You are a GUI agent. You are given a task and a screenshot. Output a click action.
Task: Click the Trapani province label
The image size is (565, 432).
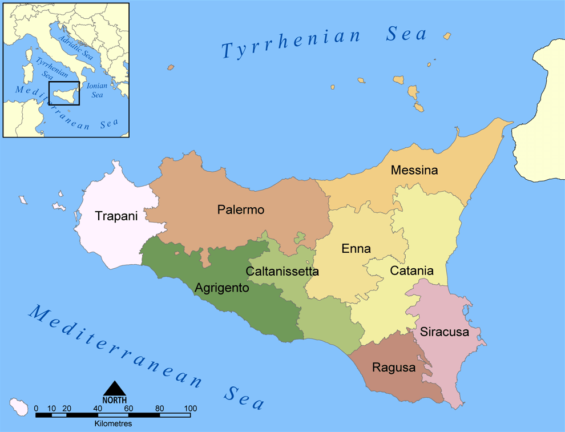click(116, 216)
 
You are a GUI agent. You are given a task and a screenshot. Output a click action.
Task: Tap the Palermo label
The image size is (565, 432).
click(241, 210)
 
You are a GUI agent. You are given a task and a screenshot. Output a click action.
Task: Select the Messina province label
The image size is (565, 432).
click(414, 170)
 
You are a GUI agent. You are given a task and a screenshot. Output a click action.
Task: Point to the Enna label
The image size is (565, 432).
click(356, 249)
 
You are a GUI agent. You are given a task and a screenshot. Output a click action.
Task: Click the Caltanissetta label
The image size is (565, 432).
click(282, 271)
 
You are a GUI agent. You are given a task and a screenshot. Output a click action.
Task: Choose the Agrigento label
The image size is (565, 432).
click(222, 288)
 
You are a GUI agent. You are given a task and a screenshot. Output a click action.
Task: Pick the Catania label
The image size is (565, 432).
click(412, 271)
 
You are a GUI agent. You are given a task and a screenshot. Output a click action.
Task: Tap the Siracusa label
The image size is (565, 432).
click(445, 332)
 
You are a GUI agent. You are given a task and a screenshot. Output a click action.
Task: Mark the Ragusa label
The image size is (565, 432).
click(394, 368)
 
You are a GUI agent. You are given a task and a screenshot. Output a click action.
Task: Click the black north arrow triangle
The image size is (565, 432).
click(115, 389)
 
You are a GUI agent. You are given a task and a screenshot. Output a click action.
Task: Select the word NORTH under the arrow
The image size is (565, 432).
click(115, 401)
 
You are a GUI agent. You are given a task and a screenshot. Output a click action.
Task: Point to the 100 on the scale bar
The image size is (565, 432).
click(190, 409)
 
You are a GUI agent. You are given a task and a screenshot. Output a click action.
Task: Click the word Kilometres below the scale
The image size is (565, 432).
click(113, 424)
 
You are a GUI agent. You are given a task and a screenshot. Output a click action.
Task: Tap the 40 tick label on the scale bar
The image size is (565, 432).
click(98, 409)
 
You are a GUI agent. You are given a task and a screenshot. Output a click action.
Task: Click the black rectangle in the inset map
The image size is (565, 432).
click(64, 93)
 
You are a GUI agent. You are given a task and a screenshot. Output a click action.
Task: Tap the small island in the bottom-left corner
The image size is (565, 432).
click(19, 406)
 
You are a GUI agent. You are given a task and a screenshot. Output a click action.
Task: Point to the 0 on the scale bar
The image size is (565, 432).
click(36, 409)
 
